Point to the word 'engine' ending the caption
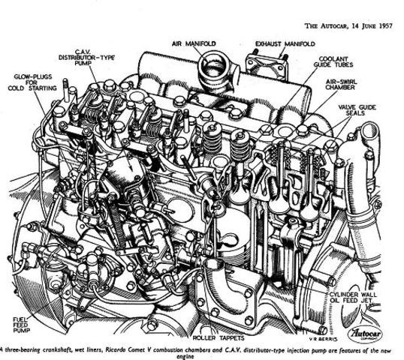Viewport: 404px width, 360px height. point(201,355)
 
